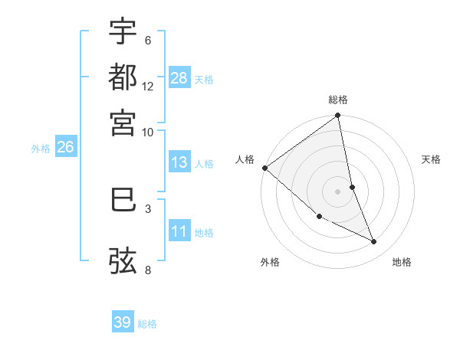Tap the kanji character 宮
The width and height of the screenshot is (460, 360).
[123, 123]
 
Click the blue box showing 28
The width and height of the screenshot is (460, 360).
[179, 77]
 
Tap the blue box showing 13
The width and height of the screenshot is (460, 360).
[179, 162]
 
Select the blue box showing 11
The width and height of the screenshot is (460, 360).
[179, 231]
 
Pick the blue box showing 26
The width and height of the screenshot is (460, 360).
[65, 147]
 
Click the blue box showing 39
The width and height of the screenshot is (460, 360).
[123, 322]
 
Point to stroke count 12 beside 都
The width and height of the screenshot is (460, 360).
[148, 86]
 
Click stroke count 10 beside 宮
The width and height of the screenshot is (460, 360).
[148, 132]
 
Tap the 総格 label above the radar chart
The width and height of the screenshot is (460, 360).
[338, 100]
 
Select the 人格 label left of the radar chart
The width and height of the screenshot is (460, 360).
[245, 159]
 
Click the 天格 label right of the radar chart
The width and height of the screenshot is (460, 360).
[432, 159]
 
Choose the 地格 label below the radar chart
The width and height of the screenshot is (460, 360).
[402, 262]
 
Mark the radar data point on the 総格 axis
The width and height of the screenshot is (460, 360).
[338, 116]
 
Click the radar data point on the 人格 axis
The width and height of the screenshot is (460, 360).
[264, 168]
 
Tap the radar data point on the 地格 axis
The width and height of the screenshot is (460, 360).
[374, 242]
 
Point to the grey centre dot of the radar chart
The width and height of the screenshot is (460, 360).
[338, 191]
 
